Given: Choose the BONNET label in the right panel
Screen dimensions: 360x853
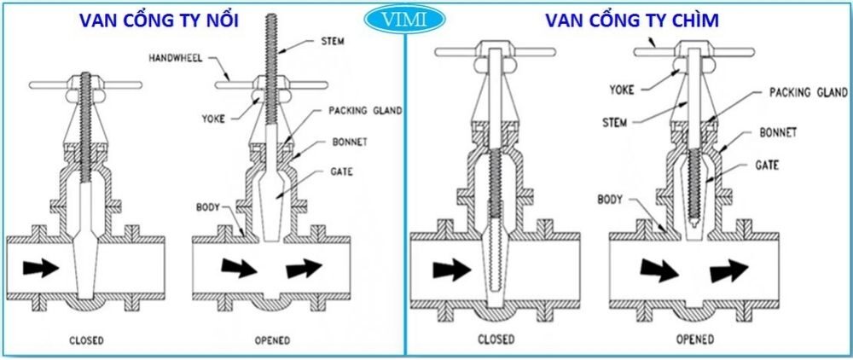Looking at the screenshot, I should tap(779, 133).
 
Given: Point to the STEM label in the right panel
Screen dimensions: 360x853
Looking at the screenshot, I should tap(614, 123).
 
